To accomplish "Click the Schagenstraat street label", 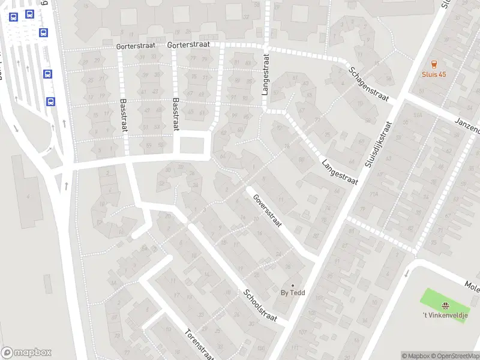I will click(369, 83).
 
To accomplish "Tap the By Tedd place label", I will click(293, 293).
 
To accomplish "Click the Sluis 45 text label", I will click(434, 74).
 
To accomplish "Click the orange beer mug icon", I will click(434, 64).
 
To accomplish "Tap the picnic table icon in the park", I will click(445, 305).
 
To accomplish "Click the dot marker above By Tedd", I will click(293, 285).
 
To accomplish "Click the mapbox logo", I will click(26, 353).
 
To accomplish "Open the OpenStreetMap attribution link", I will click(458, 356).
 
